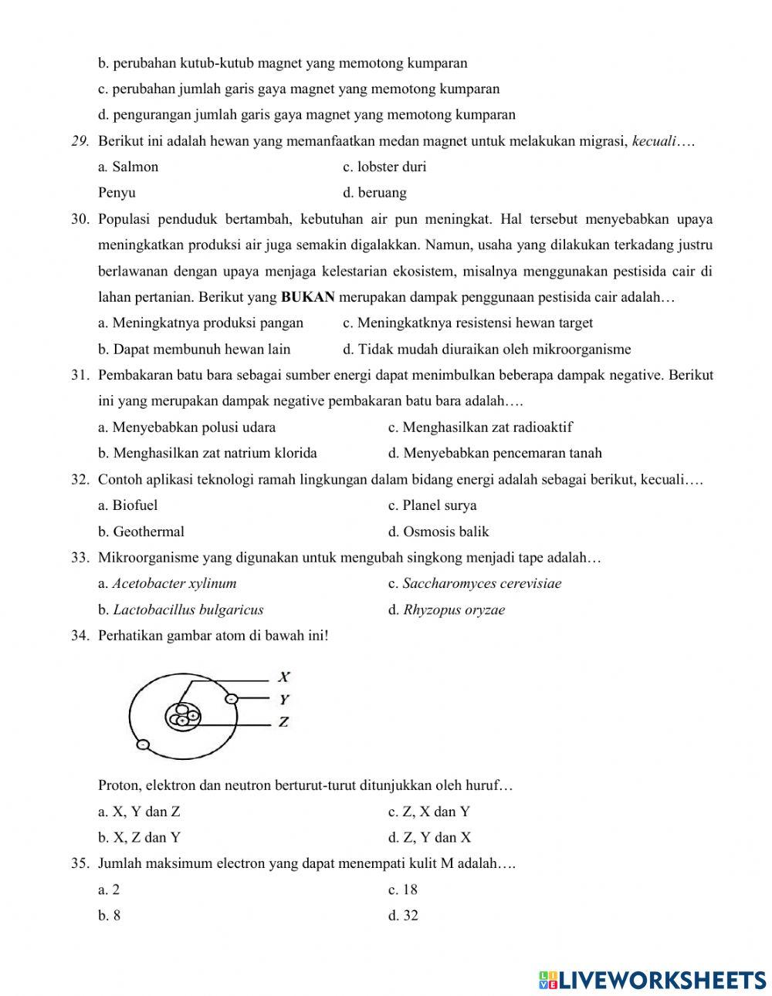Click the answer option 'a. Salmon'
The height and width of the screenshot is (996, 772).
pyautogui.click(x=128, y=167)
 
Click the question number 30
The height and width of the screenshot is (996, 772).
pyautogui.click(x=80, y=219)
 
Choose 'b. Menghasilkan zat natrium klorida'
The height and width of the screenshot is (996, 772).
pyautogui.click(x=208, y=453)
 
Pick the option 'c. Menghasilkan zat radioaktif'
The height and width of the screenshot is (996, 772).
pyautogui.click(x=480, y=427)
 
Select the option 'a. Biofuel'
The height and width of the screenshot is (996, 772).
pyautogui.click(x=128, y=505)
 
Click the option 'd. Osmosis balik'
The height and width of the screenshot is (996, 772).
pyautogui.click(x=438, y=532)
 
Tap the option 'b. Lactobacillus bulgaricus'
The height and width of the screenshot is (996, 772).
pyautogui.click(x=181, y=609)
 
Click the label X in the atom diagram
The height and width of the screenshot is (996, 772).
pyautogui.click(x=284, y=677)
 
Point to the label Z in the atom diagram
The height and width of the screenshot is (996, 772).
pyautogui.click(x=283, y=723)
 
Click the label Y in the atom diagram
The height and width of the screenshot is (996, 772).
pyautogui.click(x=284, y=700)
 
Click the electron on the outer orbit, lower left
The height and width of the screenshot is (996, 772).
pyautogui.click(x=142, y=744)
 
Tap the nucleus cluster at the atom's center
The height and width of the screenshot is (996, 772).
pyautogui.click(x=183, y=717)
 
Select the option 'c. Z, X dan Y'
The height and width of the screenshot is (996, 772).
pyautogui.click(x=429, y=812)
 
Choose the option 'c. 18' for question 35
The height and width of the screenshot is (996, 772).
pyautogui.click(x=403, y=890)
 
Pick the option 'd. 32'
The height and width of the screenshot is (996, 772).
pyautogui.click(x=403, y=916)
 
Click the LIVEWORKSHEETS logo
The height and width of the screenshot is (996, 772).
pyautogui.click(x=652, y=979)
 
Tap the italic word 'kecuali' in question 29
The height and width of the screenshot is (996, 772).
pyautogui.click(x=654, y=141)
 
